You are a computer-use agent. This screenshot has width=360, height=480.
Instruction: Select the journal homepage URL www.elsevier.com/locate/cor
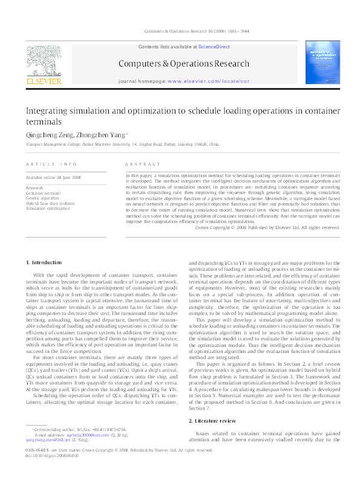tap(208, 80)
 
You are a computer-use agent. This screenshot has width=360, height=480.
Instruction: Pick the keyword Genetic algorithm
tap(42, 198)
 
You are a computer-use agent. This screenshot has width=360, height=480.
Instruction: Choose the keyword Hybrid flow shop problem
tap(50, 203)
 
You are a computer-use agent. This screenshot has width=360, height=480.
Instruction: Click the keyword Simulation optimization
tap(48, 208)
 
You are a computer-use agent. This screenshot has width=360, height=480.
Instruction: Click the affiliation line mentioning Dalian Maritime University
tap(122, 146)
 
